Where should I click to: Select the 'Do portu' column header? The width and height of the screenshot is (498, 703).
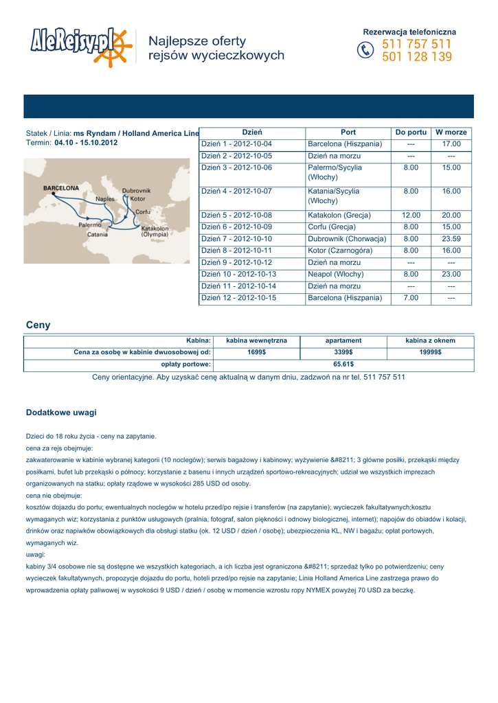(x=411, y=132)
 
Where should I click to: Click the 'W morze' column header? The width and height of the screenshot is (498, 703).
(x=451, y=132)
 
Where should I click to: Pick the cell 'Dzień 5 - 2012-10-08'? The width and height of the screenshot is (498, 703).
(x=236, y=216)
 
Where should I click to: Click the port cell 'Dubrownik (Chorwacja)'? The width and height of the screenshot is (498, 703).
(x=347, y=239)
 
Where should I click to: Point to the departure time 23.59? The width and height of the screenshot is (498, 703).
(x=451, y=239)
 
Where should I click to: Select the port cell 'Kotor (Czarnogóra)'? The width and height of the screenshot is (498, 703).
(x=340, y=251)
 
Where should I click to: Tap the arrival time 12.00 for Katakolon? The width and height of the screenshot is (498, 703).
(x=411, y=216)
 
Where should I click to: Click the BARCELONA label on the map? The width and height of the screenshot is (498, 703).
(x=61, y=187)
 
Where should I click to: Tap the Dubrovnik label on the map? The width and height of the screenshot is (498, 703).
(x=136, y=190)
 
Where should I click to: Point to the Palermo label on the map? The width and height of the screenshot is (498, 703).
(x=90, y=224)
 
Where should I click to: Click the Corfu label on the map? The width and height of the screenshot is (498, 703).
(x=144, y=211)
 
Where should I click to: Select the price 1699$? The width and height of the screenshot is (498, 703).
(x=257, y=351)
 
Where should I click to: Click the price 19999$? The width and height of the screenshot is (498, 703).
(x=430, y=351)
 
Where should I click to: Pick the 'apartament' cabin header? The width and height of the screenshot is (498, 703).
(x=343, y=340)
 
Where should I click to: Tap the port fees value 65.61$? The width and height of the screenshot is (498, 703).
(x=343, y=364)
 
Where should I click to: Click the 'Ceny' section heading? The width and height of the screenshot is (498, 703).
(x=38, y=325)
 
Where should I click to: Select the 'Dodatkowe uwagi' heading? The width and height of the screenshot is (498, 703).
(x=61, y=413)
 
